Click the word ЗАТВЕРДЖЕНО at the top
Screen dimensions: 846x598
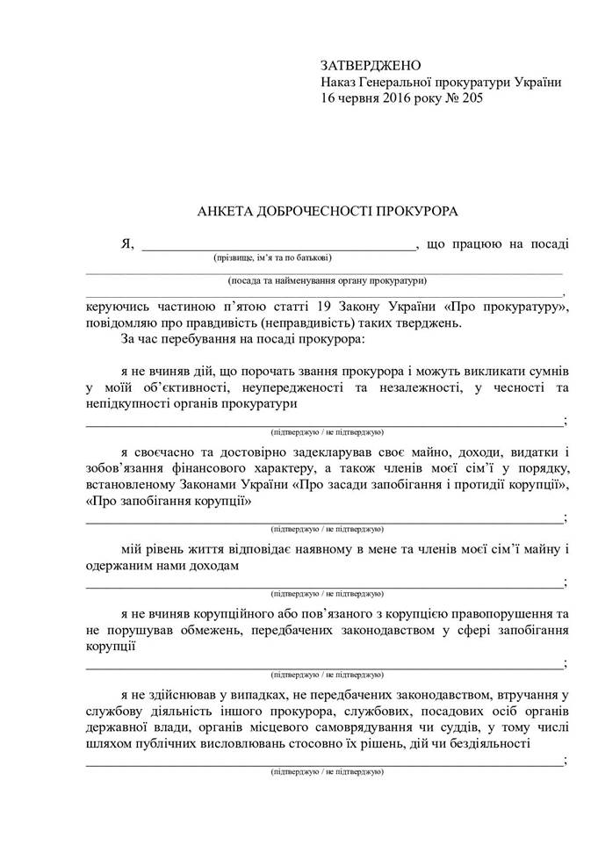(371, 66)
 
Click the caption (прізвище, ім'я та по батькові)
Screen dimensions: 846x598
(272, 259)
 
